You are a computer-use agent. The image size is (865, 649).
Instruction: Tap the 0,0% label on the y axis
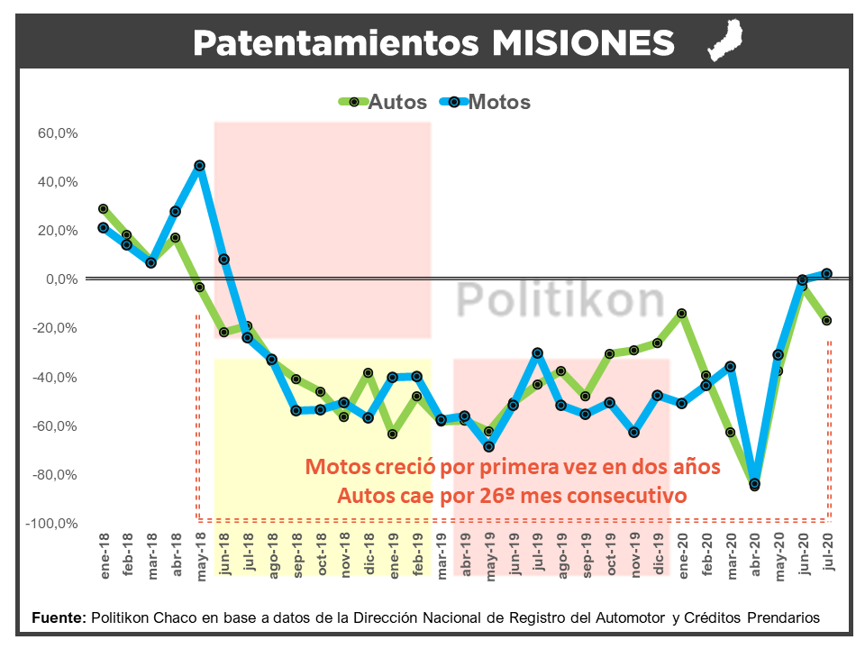point(63,279)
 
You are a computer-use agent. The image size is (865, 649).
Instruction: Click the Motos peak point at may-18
point(199,166)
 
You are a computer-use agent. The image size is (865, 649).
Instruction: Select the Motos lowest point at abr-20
point(754,484)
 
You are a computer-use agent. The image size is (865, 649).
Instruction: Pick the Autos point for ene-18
point(103,209)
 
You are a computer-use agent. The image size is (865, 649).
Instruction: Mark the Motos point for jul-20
point(826,274)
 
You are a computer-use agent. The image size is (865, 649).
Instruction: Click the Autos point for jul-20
point(826,321)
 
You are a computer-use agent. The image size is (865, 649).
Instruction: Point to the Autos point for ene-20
point(682,314)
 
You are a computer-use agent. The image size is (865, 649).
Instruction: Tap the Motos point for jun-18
point(223,260)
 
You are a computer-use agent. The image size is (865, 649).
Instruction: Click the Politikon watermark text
point(560,300)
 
